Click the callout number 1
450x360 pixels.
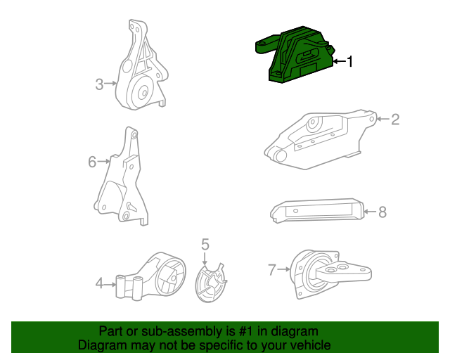tap(349, 62)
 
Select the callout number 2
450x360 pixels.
tap(395, 120)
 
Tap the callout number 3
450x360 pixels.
tap(100, 85)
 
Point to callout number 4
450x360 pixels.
tap(100, 283)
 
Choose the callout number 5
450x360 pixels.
tap(205, 245)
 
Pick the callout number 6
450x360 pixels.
tap(92, 162)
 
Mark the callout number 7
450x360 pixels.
tap(272, 268)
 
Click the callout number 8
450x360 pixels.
tap(382, 211)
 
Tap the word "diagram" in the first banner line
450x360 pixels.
tap(294, 331)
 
